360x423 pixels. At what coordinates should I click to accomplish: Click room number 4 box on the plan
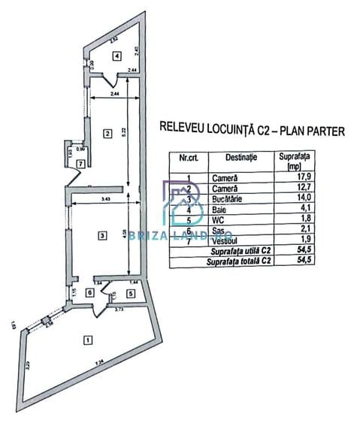[x=116, y=56]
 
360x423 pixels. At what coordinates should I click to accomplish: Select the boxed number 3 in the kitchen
[x=101, y=236]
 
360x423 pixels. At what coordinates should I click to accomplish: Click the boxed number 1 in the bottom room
[x=89, y=340]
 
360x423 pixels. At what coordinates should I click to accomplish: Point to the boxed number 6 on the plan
[x=90, y=293]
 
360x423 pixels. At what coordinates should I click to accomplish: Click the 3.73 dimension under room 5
[x=119, y=309]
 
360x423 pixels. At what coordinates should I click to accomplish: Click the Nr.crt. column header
[x=189, y=158]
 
